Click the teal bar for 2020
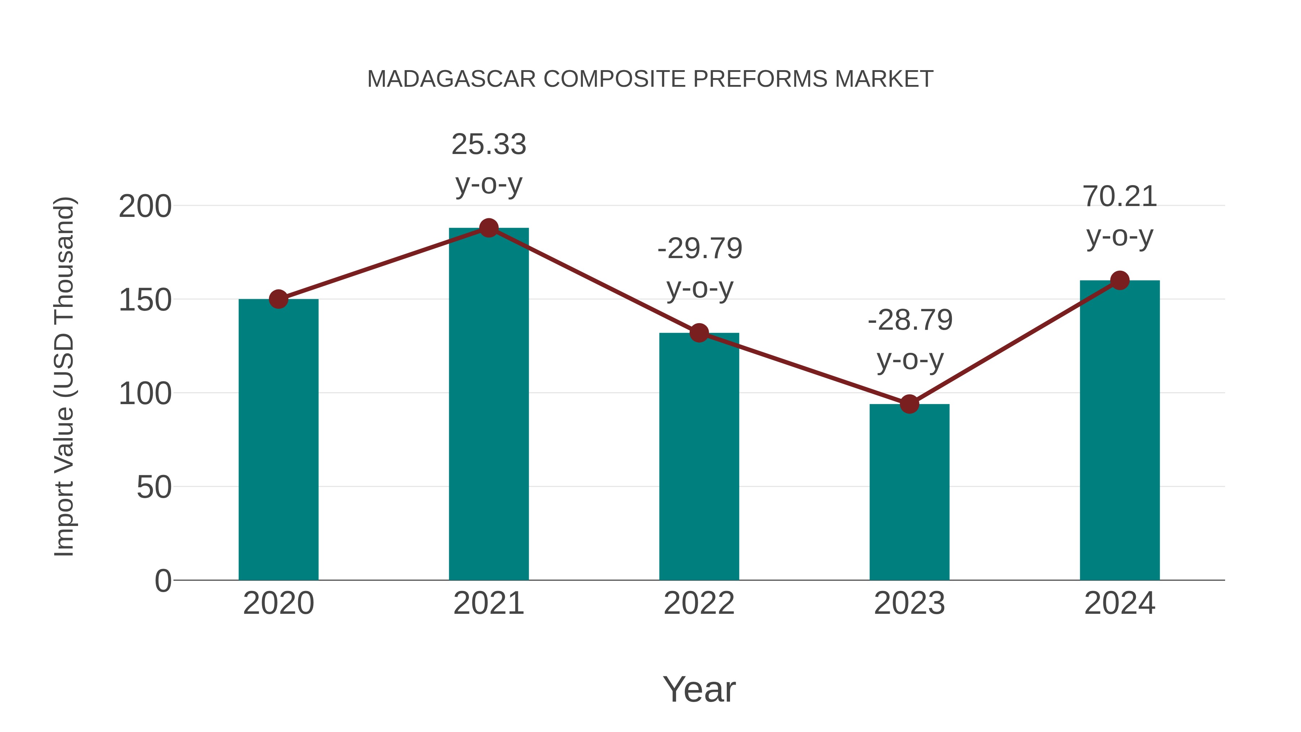coord(278,440)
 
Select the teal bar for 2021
coord(488,404)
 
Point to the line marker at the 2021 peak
coord(488,228)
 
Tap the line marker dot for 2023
coord(909,404)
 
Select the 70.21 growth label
coord(1120,216)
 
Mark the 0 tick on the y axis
coord(163,581)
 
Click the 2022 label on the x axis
coord(699,603)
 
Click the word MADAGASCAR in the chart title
coord(451,79)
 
